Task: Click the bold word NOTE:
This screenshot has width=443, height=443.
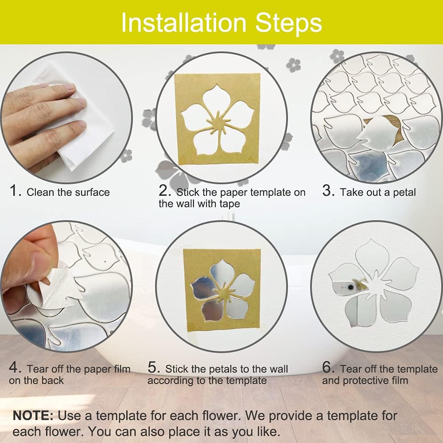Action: pyautogui.click(x=33, y=416)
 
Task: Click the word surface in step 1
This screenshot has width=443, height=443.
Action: pyautogui.click(x=92, y=192)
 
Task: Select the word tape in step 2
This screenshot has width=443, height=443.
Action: pyautogui.click(x=229, y=204)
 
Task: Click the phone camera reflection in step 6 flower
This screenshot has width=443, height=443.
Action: pyautogui.click(x=350, y=288)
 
